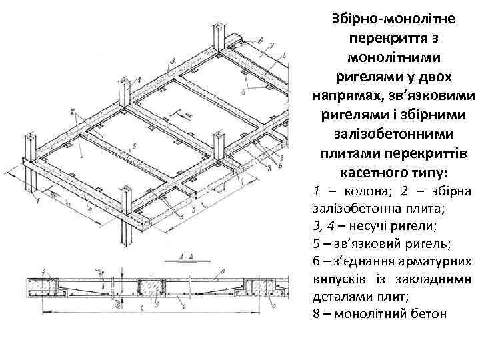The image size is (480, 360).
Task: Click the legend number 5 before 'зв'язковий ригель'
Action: point(315,243)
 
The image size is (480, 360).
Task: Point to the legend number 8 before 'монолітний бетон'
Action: point(315,313)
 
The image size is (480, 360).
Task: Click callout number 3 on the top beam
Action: point(172,61)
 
